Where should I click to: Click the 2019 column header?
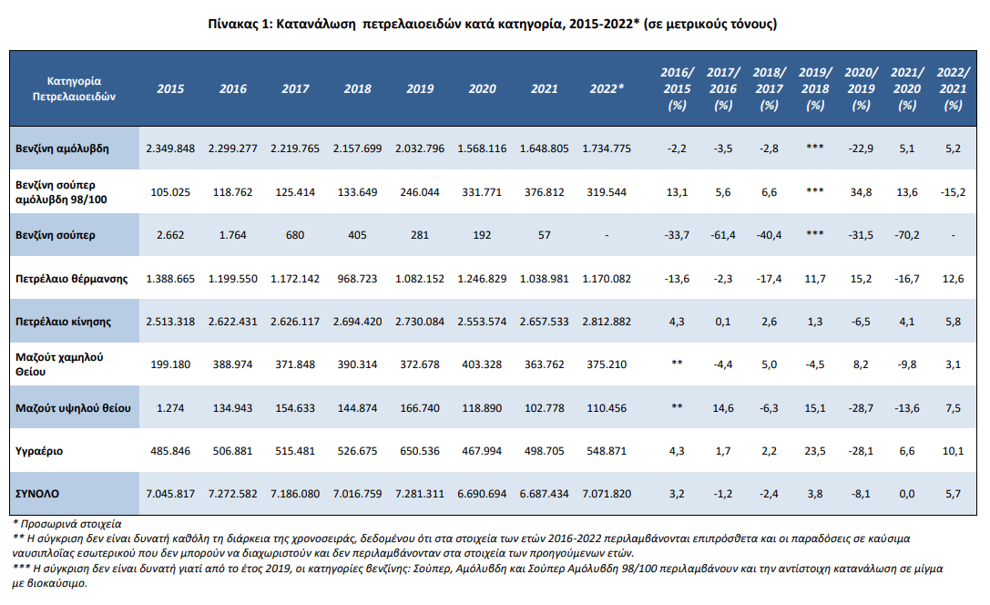coord(420,89)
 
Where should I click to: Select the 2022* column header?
coord(607,89)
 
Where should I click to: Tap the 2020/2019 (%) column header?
coord(862,89)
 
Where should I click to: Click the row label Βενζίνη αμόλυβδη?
coord(62,149)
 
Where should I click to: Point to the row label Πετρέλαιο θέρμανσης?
coord(71,279)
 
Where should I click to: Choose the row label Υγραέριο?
coord(39,451)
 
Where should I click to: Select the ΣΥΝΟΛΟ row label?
coord(37,494)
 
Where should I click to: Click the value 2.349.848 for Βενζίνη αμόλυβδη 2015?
coord(170,149)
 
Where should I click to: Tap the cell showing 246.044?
coord(420,192)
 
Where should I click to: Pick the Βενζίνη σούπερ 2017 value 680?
coord(295,235)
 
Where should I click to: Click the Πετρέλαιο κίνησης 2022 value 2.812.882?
coord(607,322)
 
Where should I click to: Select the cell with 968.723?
coord(357,279)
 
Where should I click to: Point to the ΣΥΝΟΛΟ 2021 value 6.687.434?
coord(545,494)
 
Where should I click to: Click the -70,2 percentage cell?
coord(906,235)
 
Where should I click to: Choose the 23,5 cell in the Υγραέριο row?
coord(815,451)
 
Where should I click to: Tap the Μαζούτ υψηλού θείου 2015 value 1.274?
coord(170,408)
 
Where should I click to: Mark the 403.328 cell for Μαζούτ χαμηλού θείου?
coord(482,364)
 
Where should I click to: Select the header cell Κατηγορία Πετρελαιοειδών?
coord(74,88)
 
